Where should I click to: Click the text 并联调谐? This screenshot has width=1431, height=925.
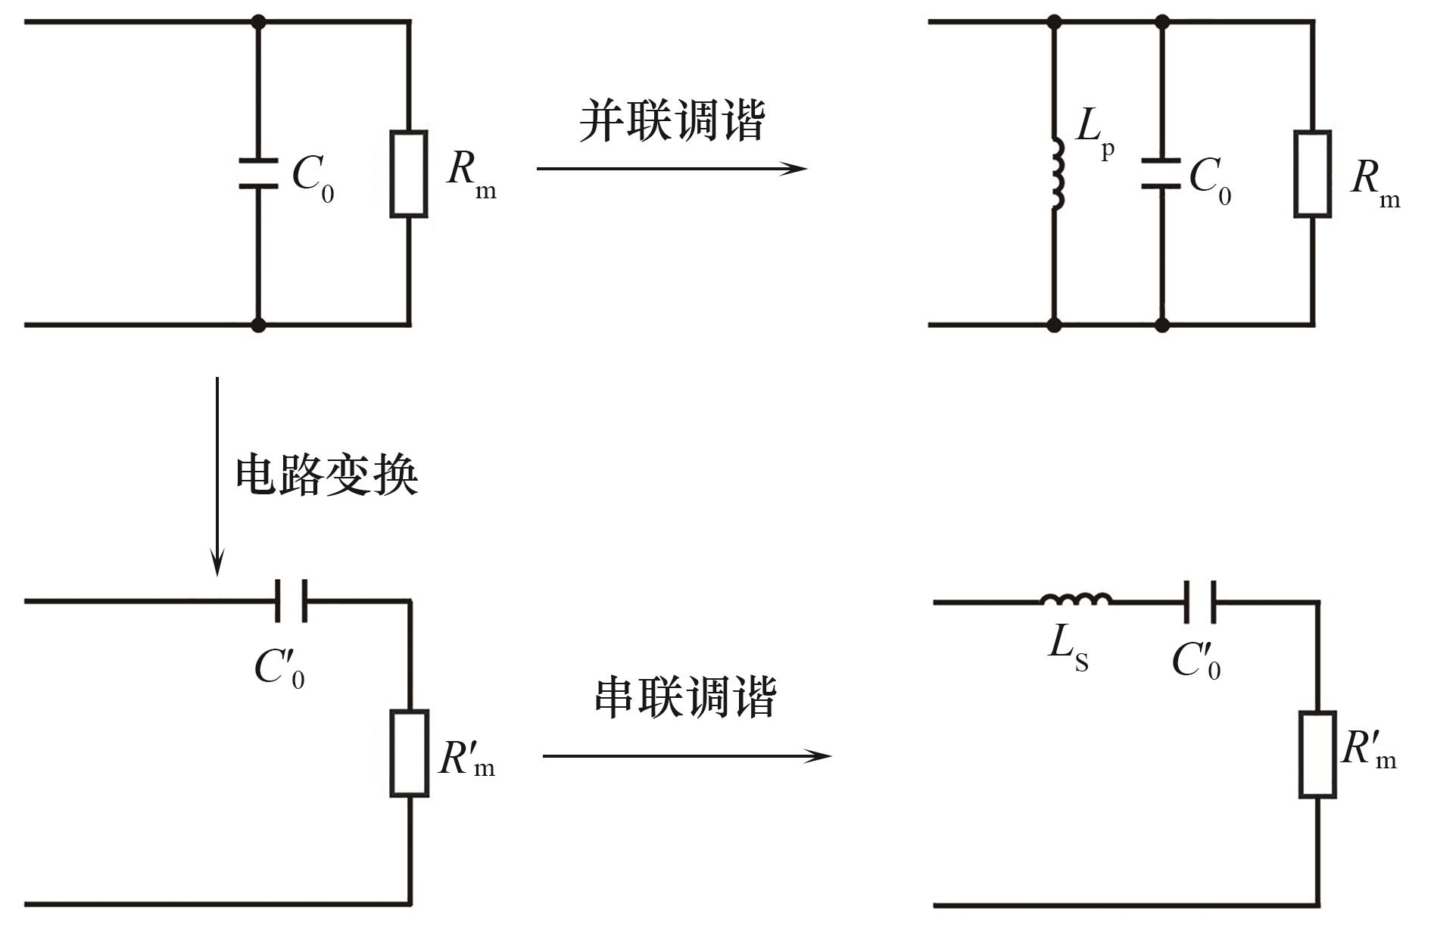(672, 121)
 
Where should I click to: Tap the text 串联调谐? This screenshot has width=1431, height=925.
(685, 697)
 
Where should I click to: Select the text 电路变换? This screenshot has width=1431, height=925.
(326, 475)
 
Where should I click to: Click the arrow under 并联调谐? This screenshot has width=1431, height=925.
(672, 168)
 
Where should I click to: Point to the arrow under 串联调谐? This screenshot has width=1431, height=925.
(687, 755)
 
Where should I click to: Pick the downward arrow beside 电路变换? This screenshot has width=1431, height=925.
(217, 476)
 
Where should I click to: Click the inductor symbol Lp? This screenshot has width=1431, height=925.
(1055, 174)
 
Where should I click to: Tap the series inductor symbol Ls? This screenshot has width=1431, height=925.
(1076, 600)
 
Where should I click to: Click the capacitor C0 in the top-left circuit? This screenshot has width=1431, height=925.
(258, 173)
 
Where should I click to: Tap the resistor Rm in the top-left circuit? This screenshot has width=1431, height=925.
(409, 174)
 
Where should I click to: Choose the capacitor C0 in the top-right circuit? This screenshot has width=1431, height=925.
(1161, 173)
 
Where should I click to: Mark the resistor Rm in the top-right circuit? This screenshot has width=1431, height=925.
(1312, 174)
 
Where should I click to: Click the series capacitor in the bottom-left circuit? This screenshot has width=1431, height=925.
(291, 601)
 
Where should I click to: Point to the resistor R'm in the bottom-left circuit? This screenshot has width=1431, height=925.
(410, 753)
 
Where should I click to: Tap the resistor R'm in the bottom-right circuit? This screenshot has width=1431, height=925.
(1317, 754)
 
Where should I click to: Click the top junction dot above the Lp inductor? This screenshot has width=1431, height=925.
(1054, 22)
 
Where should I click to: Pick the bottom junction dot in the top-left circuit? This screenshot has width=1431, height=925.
(258, 325)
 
